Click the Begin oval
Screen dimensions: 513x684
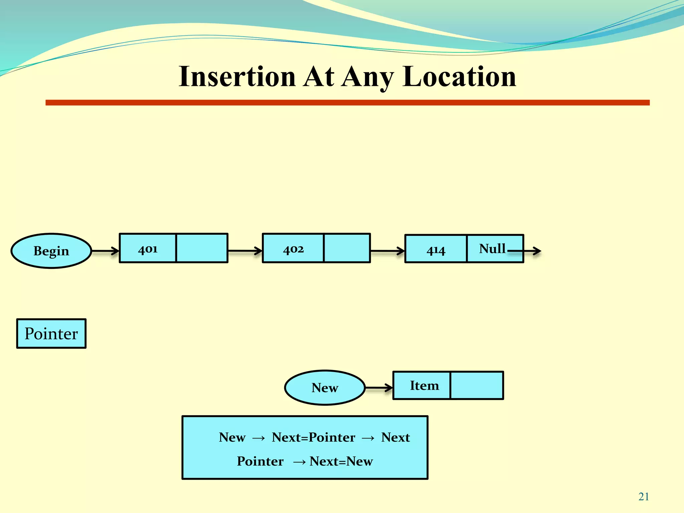51,250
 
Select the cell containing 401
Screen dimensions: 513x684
148,248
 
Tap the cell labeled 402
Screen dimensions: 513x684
293,248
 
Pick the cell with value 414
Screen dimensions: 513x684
436,249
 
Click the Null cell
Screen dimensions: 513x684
492,248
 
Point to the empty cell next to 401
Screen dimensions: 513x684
202,248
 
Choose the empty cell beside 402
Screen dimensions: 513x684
347,248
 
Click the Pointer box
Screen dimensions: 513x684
51,333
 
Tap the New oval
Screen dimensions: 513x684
325,387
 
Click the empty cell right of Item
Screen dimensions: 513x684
477,385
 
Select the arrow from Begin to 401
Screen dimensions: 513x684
105,250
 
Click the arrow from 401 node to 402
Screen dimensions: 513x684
245,250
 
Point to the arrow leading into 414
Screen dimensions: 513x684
387,250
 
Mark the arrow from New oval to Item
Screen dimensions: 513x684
379,388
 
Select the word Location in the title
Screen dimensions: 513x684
459,77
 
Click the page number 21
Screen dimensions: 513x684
644,497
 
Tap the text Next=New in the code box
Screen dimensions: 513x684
341,461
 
